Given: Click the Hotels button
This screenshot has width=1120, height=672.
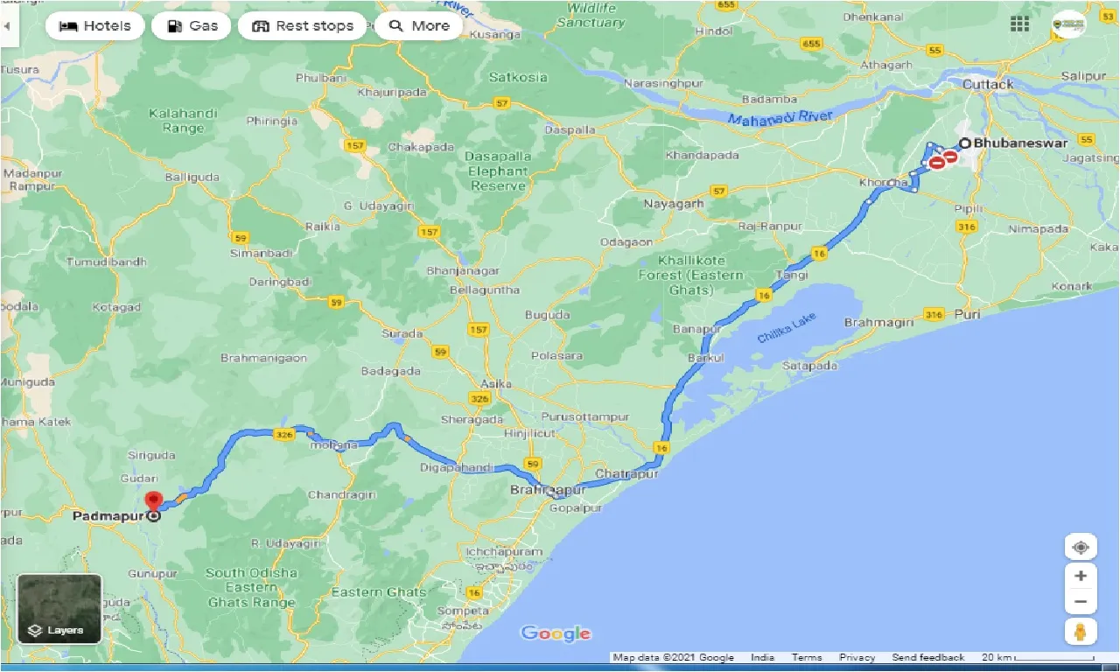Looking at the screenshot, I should [x=94, y=26].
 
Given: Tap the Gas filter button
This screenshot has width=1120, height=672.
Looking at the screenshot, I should [x=191, y=26].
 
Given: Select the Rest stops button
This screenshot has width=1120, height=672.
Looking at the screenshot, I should [x=302, y=26].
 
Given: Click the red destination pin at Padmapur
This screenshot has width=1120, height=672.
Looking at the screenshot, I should [x=154, y=502].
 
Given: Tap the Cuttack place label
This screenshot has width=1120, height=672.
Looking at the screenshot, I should [x=988, y=84].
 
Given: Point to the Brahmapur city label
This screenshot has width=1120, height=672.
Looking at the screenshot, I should [x=548, y=490].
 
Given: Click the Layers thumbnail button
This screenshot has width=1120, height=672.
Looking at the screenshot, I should [x=59, y=608].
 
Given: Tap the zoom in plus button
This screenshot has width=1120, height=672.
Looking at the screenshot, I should [x=1081, y=576].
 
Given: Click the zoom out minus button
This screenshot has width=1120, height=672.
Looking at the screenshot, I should [x=1081, y=602].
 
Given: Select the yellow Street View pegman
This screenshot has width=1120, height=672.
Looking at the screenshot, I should [x=1081, y=633].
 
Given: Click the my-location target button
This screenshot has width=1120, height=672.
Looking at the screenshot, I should [x=1081, y=548].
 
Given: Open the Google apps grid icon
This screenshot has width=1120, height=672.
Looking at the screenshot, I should [x=1019, y=24].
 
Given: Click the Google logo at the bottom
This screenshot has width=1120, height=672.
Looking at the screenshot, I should [x=556, y=633].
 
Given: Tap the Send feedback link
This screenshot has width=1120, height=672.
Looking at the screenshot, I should [x=927, y=657].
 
